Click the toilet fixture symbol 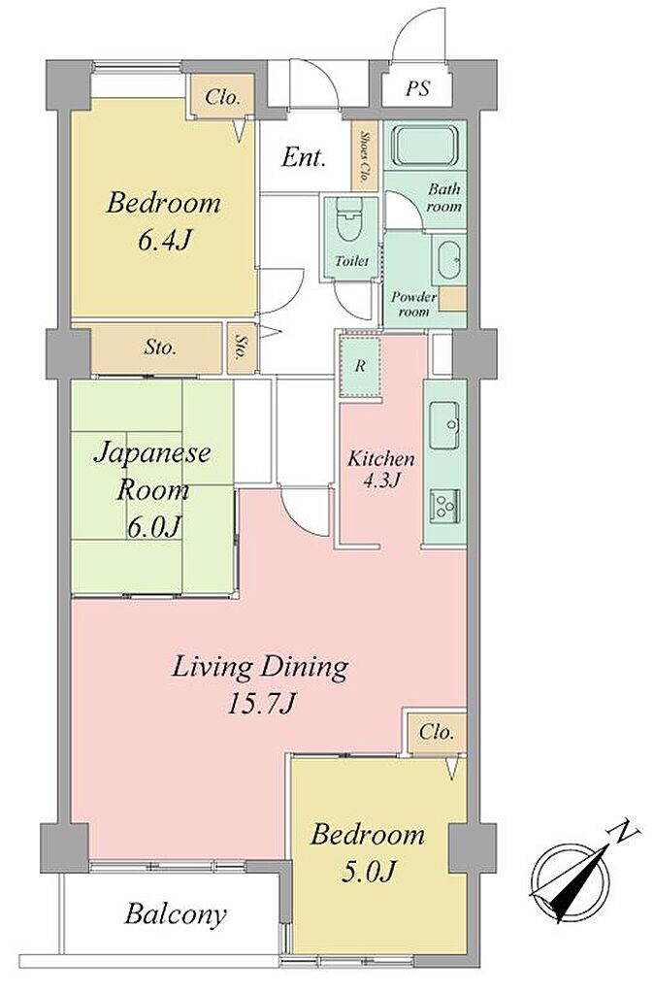tap(350, 220)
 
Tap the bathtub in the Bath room tap(425, 146)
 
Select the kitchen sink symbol tap(444, 425)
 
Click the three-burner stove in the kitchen tap(444, 505)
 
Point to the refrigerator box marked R tap(360, 367)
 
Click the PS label tap(418, 88)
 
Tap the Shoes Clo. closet tap(365, 154)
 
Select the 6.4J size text tap(164, 241)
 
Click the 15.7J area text tap(262, 703)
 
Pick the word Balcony tap(175, 914)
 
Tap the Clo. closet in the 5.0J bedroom tap(437, 734)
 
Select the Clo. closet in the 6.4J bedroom tap(222, 98)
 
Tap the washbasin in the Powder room tap(451, 260)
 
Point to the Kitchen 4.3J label tap(381, 469)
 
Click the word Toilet tap(351, 260)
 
